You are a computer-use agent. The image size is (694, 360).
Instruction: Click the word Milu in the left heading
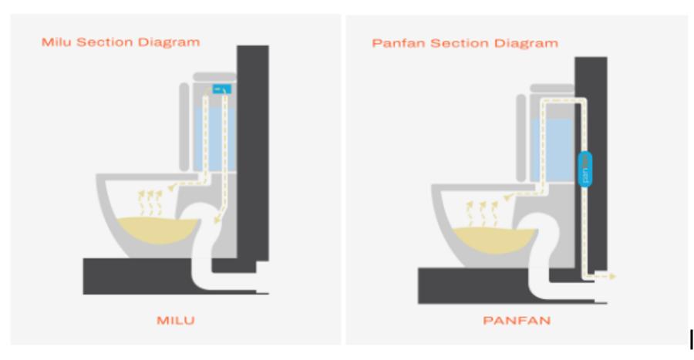[54, 42]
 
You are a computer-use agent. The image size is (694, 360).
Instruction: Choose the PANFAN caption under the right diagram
[517, 320]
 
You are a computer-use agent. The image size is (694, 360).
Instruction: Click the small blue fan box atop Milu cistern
[222, 90]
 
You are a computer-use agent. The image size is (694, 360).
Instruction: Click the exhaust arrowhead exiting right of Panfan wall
[612, 275]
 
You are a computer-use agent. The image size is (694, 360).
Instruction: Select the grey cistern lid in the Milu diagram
[214, 76]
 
